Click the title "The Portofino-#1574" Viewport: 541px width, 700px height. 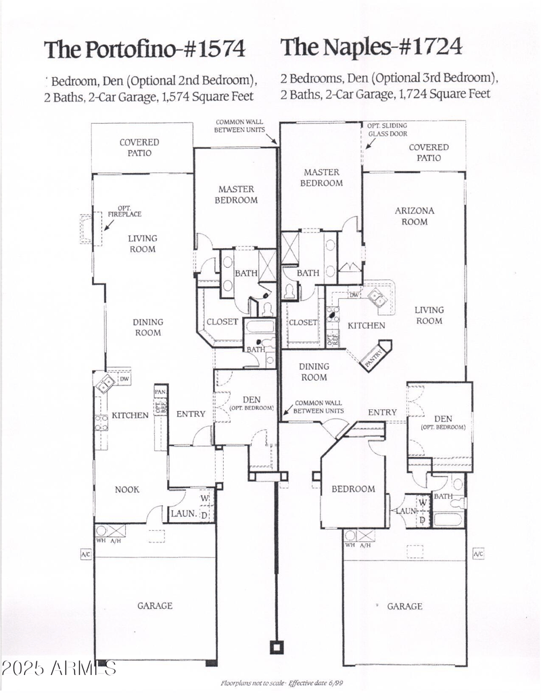[x=144, y=49]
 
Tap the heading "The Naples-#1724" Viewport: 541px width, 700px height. [x=371, y=47]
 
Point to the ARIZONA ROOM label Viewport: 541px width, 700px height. [x=415, y=216]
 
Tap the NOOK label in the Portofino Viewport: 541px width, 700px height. [x=126, y=489]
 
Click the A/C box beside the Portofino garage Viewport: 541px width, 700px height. [x=86, y=555]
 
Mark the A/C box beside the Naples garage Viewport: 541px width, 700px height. [x=477, y=555]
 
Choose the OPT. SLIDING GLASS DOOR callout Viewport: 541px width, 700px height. [x=387, y=130]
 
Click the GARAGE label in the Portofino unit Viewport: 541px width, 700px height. [x=155, y=606]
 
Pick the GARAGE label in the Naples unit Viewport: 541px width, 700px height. [x=404, y=607]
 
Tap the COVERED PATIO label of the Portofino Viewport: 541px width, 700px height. [x=139, y=147]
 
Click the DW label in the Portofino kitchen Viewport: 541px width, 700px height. [x=124, y=379]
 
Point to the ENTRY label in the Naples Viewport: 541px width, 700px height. [x=382, y=412]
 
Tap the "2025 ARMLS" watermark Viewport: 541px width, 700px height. [x=59, y=668]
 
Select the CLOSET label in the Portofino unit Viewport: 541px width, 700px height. [x=222, y=322]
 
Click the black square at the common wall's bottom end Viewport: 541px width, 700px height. [x=277, y=647]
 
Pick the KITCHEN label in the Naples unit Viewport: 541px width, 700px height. [x=367, y=325]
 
